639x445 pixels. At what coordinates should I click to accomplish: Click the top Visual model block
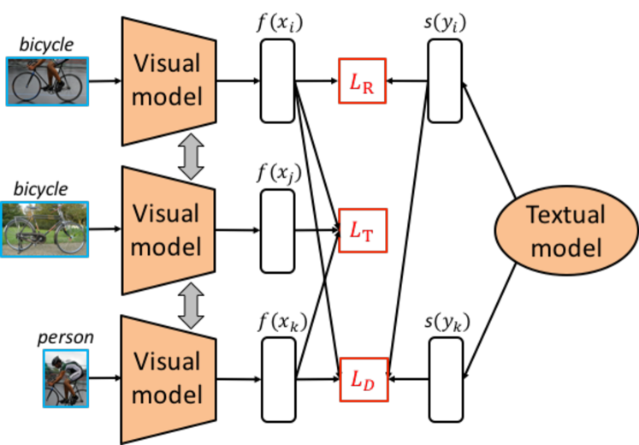coord(168,80)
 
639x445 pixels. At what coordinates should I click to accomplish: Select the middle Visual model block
coord(168,230)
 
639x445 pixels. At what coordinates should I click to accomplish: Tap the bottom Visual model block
coord(168,379)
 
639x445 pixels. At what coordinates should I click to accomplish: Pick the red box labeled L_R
coord(363,81)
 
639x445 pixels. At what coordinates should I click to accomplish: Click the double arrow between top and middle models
coord(191,157)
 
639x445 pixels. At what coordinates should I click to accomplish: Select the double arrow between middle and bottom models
coord(191,306)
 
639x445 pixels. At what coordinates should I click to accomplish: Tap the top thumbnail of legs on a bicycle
coord(47,81)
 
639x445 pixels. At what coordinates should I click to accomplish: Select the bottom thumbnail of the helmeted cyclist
coord(66,378)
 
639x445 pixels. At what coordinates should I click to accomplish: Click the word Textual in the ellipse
coord(565,215)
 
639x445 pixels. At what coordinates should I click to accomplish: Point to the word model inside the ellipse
coord(565,247)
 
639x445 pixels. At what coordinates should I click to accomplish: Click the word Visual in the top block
coord(166,64)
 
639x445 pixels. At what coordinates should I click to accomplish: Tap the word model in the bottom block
coord(166,395)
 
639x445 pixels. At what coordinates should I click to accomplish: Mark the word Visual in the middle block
coord(166,214)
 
